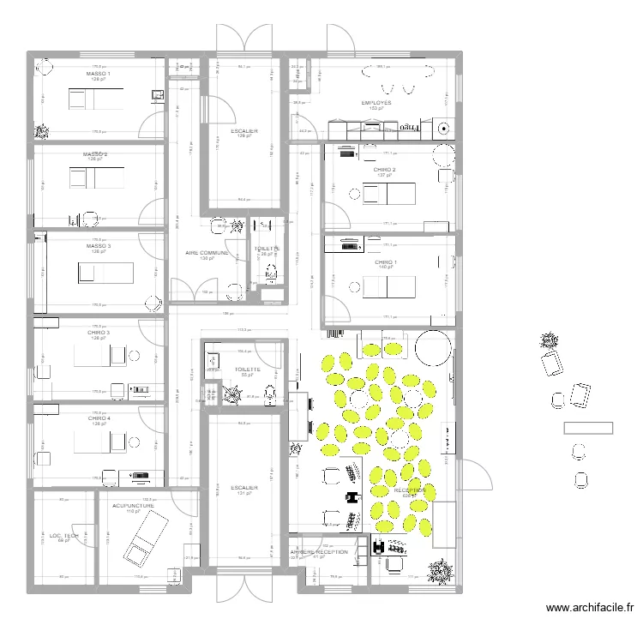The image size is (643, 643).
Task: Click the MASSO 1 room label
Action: (x=98, y=75)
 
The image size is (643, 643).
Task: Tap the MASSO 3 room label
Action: (x=98, y=246)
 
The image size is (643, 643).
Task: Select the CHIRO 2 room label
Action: (x=385, y=170)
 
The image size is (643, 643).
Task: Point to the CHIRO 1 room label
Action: (x=387, y=261)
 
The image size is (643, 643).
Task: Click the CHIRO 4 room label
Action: (x=98, y=418)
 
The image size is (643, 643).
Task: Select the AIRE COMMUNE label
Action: (x=207, y=253)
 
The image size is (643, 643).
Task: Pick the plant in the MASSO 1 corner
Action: (x=41, y=132)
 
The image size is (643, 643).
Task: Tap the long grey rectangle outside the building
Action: (x=587, y=428)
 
